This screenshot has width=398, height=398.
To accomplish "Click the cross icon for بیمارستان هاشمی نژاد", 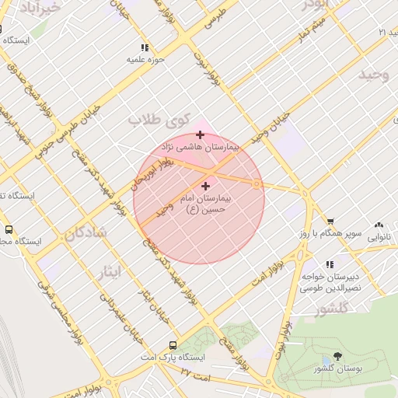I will coord(201,134).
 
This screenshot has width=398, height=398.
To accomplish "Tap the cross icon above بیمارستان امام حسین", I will coord(205,186).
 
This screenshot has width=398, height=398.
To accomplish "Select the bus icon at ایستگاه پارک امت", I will coord(173,345).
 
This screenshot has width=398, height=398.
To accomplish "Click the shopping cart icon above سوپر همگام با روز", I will coord(330,221).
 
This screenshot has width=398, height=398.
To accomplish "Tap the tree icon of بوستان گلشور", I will coord(325,366).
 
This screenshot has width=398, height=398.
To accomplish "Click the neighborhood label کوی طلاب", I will coord(155,120).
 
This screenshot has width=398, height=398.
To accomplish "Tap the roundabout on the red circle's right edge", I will coord(257,183).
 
